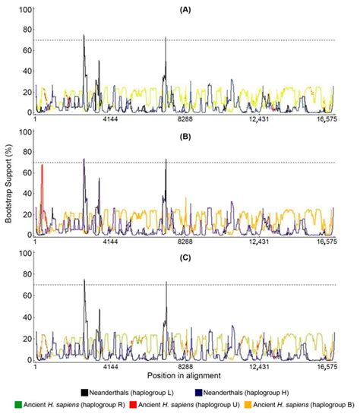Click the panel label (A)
(x=185, y=13)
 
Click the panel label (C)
(x=185, y=258)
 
